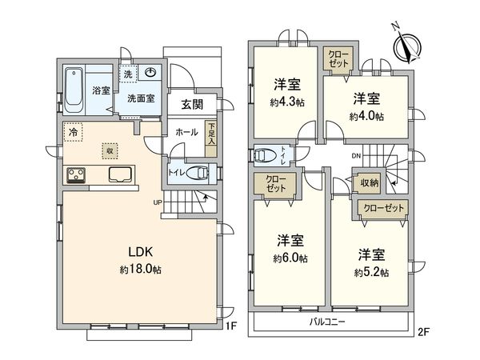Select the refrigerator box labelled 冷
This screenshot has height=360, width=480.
tap(73, 134)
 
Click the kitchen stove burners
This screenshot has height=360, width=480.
tap(76, 174)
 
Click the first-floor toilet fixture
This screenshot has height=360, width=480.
tap(196, 171)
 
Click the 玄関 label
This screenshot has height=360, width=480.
tap(192, 104)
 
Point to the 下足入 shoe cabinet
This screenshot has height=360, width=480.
tap(211, 138)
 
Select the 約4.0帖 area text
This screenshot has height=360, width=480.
tap(366, 116)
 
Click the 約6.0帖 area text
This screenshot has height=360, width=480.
tap(290, 258)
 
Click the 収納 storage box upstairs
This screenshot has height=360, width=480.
tap(369, 184)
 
